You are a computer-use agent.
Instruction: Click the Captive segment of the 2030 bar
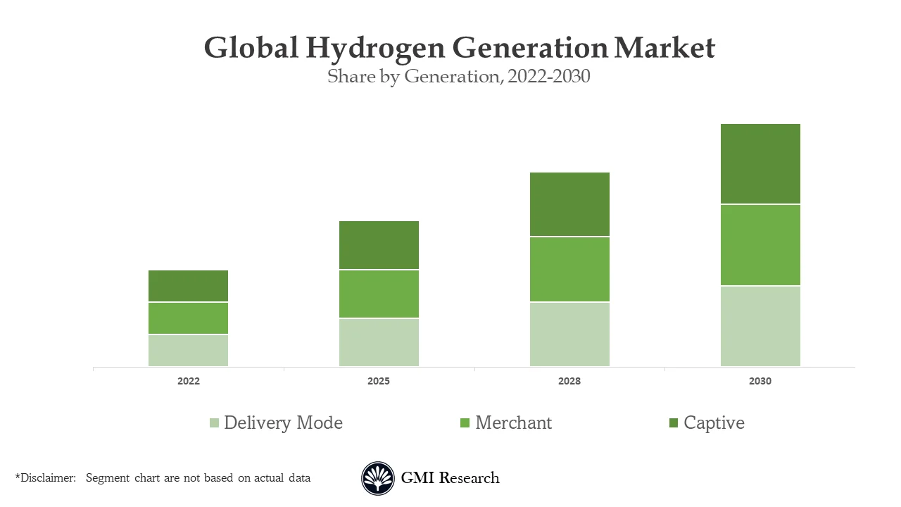(x=760, y=163)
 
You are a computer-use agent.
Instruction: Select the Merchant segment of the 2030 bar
(x=760, y=244)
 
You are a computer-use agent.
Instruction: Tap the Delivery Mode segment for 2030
(x=760, y=326)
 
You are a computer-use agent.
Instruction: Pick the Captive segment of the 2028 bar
(x=569, y=204)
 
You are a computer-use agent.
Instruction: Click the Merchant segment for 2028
(x=569, y=269)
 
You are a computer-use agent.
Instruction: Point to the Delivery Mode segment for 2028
(x=569, y=334)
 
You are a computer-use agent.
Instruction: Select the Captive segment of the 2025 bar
(x=379, y=245)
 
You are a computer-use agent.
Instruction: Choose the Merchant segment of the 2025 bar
(x=379, y=294)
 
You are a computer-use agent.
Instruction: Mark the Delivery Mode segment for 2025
(x=379, y=342)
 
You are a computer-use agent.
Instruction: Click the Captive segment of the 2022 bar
(x=188, y=286)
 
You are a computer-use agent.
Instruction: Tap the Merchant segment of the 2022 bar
(x=188, y=318)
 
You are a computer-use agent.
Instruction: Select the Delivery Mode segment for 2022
(x=188, y=351)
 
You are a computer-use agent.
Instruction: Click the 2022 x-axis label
(x=188, y=381)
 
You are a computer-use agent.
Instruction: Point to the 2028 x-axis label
(x=569, y=381)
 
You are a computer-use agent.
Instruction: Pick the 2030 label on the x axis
(x=760, y=381)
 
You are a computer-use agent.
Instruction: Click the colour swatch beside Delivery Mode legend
(x=214, y=423)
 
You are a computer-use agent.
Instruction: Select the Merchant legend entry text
(x=513, y=423)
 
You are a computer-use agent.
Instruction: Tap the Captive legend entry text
(x=714, y=423)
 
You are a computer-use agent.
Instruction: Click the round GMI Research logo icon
(x=378, y=478)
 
